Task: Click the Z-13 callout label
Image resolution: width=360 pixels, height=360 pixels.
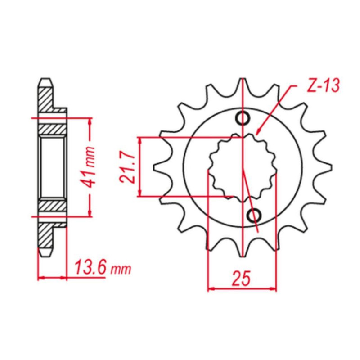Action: (x=323, y=86)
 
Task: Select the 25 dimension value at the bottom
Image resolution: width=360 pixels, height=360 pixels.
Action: (x=241, y=279)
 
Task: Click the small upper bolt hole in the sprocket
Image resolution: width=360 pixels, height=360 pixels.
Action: (x=243, y=118)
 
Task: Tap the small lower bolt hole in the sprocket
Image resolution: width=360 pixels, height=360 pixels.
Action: (x=254, y=215)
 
